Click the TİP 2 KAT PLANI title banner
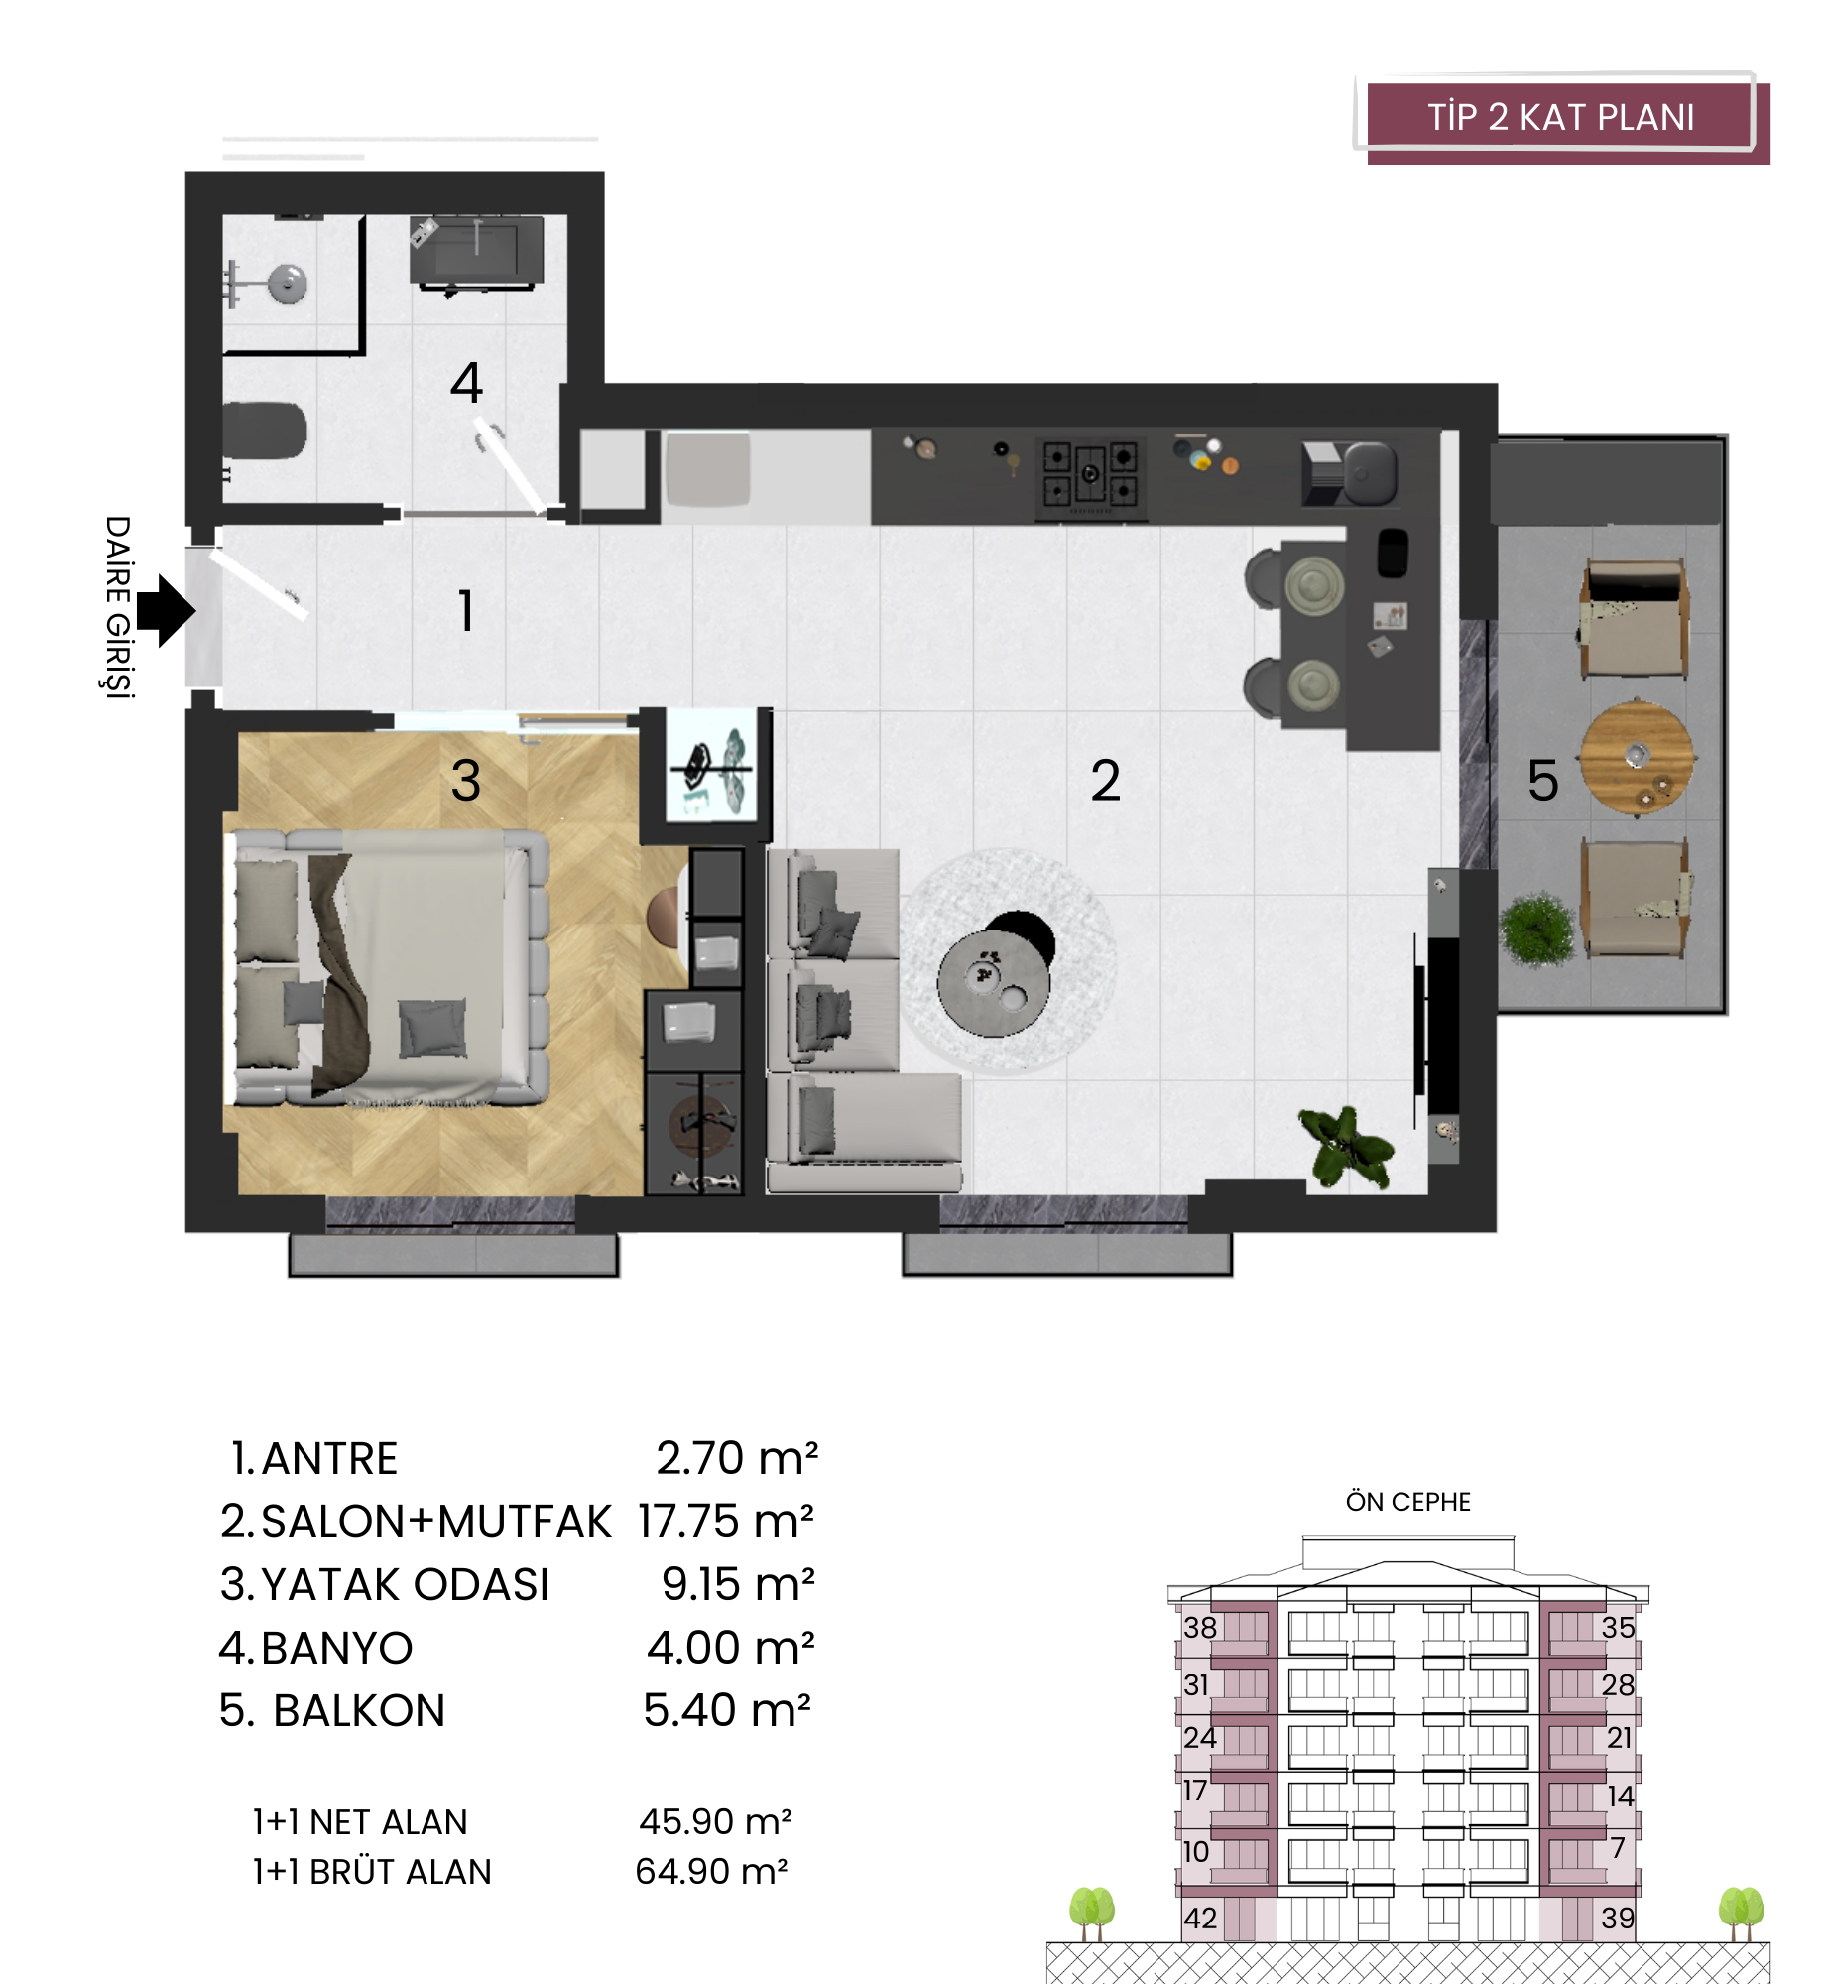point(1562,118)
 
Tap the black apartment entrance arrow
point(166,611)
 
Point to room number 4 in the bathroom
point(466,382)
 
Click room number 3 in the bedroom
point(466,780)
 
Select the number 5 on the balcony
point(1543,780)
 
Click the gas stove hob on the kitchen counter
point(1090,476)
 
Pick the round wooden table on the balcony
point(1637,758)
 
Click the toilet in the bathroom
point(263,431)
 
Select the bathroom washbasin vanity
point(476,253)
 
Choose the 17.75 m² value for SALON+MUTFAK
point(726,1521)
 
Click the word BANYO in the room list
point(337,1648)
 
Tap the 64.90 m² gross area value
point(712,1871)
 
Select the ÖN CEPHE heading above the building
point(1407,1502)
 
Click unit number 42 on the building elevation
point(1200,1918)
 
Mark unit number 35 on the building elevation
point(1618,1627)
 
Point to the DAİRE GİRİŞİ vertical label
point(118,607)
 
